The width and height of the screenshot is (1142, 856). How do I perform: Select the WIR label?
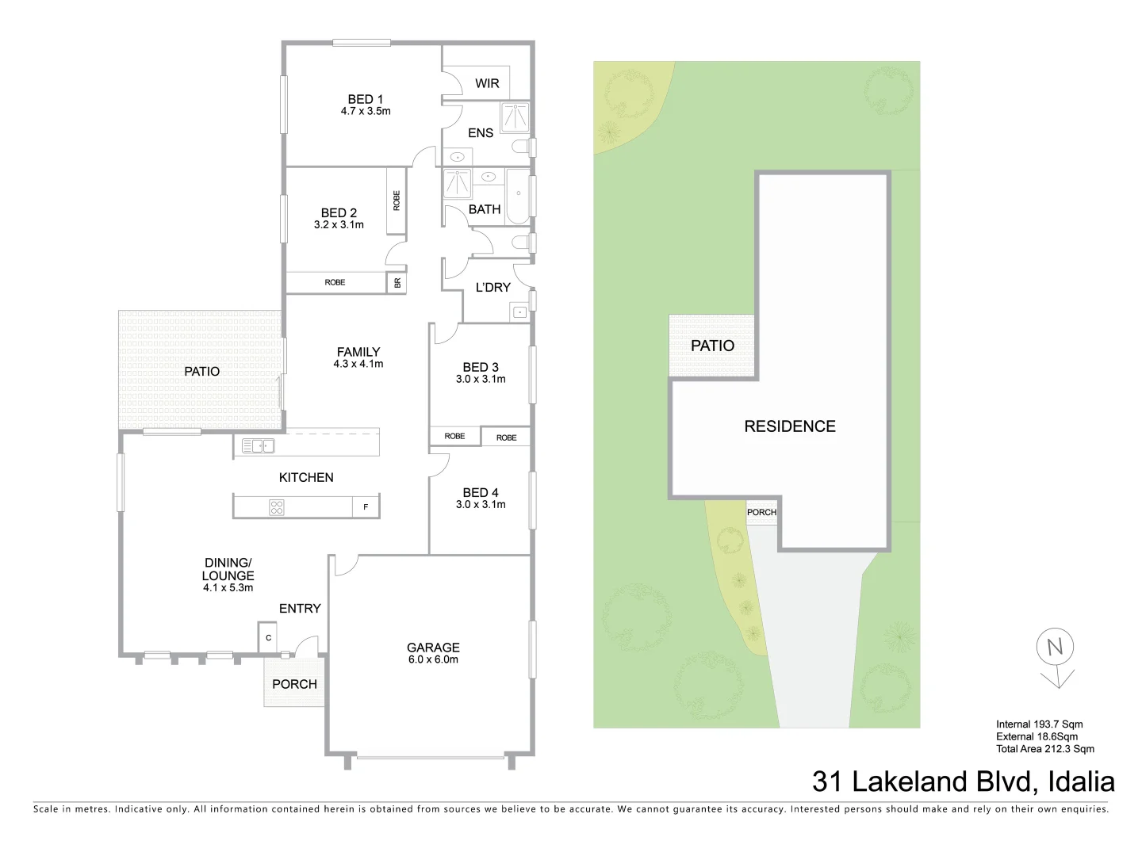[x=487, y=83]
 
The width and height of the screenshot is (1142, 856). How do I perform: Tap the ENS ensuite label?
[x=481, y=133]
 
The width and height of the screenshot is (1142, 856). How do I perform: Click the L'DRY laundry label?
[x=492, y=287]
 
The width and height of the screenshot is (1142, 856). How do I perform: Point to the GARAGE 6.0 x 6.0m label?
[x=433, y=653]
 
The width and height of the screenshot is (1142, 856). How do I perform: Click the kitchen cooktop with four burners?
[x=277, y=507]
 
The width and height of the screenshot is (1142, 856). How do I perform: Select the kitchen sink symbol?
[x=259, y=446]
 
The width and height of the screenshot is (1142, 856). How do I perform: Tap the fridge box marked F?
[x=366, y=507]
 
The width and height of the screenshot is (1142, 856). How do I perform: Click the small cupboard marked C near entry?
[x=268, y=638]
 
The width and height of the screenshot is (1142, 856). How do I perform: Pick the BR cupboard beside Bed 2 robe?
[x=397, y=282]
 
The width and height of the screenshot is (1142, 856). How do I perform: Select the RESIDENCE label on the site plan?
[x=790, y=426]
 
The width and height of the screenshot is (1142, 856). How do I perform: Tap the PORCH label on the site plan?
[x=761, y=512]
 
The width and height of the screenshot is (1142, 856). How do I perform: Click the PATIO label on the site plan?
[x=712, y=346]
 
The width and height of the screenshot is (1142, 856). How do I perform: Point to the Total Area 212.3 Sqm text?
[x=1045, y=749]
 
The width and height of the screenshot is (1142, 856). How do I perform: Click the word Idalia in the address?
[x=1081, y=781]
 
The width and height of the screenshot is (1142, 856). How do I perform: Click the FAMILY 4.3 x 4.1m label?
[x=358, y=357]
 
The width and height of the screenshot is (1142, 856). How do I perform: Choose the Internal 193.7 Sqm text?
[x=1039, y=724]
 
